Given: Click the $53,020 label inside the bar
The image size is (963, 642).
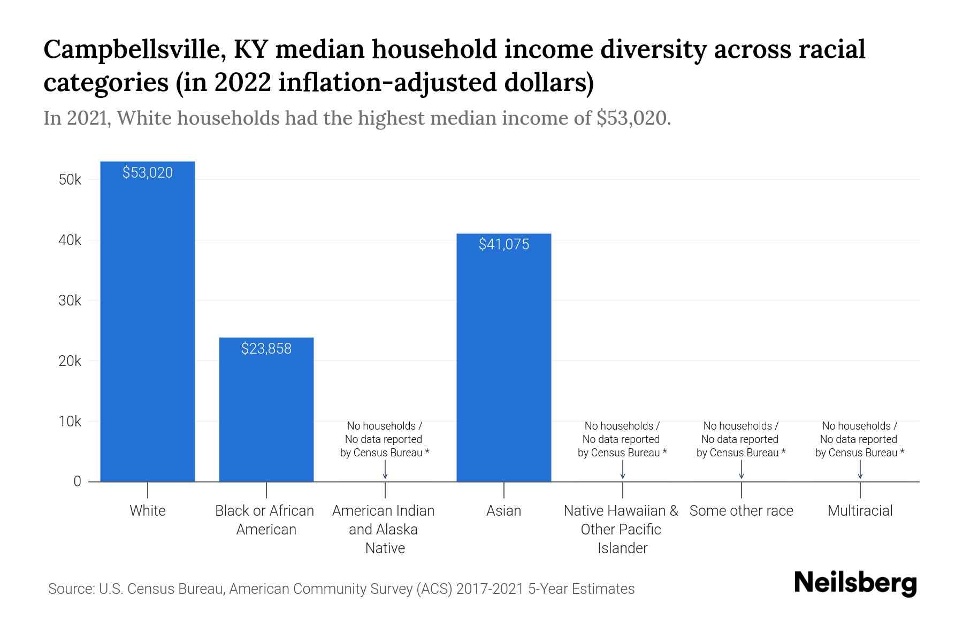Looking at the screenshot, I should click(x=148, y=172).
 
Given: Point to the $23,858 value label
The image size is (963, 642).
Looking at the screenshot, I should click(x=266, y=349).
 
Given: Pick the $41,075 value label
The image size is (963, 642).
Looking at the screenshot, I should click(x=503, y=244).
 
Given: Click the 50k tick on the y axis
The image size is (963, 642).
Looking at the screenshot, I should click(x=70, y=180).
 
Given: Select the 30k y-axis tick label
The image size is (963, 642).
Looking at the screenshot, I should click(x=70, y=301).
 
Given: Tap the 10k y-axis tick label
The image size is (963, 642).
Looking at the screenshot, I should click(x=70, y=422).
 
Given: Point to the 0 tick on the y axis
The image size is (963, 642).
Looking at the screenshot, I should click(x=77, y=481).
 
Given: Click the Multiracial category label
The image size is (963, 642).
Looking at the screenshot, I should click(x=860, y=511).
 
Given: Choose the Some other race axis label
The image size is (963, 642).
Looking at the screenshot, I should click(x=741, y=511).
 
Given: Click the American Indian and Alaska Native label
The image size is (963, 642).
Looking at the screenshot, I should click(x=384, y=529).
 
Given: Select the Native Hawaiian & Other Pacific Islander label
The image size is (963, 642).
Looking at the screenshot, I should click(x=622, y=529).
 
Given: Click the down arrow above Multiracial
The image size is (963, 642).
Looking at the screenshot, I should click(x=860, y=470).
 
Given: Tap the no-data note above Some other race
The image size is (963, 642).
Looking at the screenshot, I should click(x=740, y=439).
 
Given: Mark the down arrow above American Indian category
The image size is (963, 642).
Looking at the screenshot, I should click(x=385, y=470).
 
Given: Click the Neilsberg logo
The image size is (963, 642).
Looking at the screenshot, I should click(x=855, y=583).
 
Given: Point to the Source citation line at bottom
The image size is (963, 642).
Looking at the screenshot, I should click(x=341, y=589).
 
